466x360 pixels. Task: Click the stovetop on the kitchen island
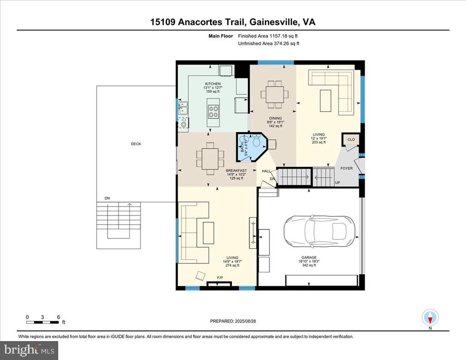point(213,112)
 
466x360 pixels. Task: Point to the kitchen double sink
point(183,108)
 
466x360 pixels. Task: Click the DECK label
point(136,144)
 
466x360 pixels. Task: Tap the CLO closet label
point(351,139)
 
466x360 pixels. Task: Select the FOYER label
point(346,168)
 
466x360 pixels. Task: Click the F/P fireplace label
point(220,278)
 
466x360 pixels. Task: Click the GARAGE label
point(309,257)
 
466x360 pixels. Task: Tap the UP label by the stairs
point(337,183)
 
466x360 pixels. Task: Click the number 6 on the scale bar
point(58,317)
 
